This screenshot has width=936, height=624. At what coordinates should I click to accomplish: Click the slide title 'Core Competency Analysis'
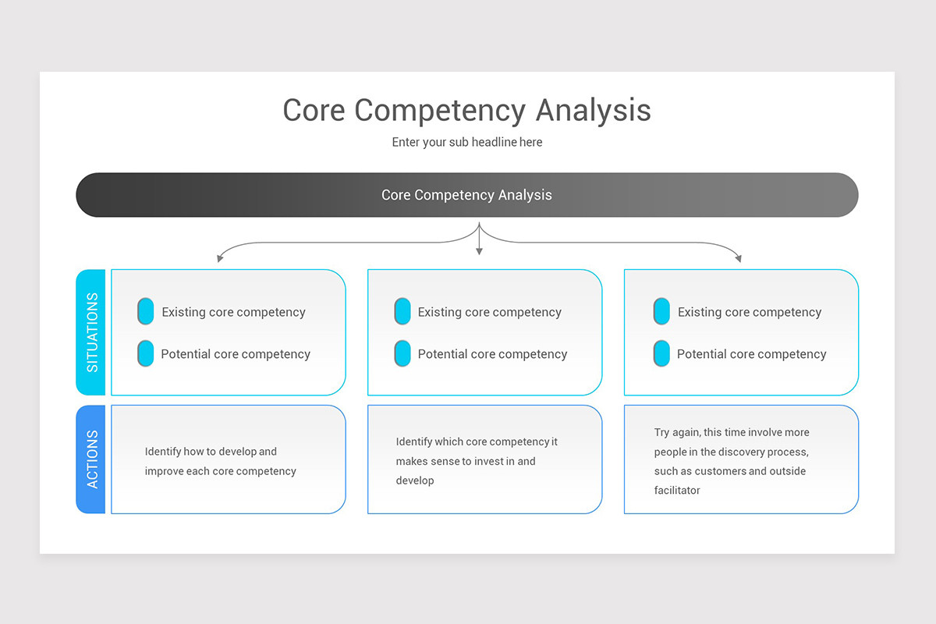click(466, 110)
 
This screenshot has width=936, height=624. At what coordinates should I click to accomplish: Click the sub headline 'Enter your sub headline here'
click(466, 142)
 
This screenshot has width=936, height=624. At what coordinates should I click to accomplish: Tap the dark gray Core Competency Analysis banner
click(466, 195)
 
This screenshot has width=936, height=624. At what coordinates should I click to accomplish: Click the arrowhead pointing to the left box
click(221, 257)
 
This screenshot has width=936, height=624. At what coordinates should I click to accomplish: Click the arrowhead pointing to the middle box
click(479, 251)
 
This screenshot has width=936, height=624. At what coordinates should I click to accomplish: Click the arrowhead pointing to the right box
click(738, 257)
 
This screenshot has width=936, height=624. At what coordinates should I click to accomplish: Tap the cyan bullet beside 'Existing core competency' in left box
click(146, 311)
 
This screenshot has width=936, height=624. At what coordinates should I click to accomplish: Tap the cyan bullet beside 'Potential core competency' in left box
click(146, 353)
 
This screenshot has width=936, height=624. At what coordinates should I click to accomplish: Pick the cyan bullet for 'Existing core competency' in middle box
click(402, 311)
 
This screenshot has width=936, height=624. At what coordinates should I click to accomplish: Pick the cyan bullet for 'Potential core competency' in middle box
click(402, 353)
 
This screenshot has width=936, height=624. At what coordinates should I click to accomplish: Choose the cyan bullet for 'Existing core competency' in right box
click(661, 311)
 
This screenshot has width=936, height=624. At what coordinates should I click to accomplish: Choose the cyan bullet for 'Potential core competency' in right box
click(661, 353)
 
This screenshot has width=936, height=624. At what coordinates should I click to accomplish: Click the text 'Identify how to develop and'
click(211, 452)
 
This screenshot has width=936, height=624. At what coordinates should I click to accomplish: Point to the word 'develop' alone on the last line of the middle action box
click(414, 480)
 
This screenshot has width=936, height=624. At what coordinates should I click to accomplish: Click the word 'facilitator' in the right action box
click(677, 491)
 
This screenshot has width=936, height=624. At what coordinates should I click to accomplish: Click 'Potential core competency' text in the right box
click(751, 354)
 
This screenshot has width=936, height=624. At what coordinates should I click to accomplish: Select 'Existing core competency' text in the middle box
click(489, 312)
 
